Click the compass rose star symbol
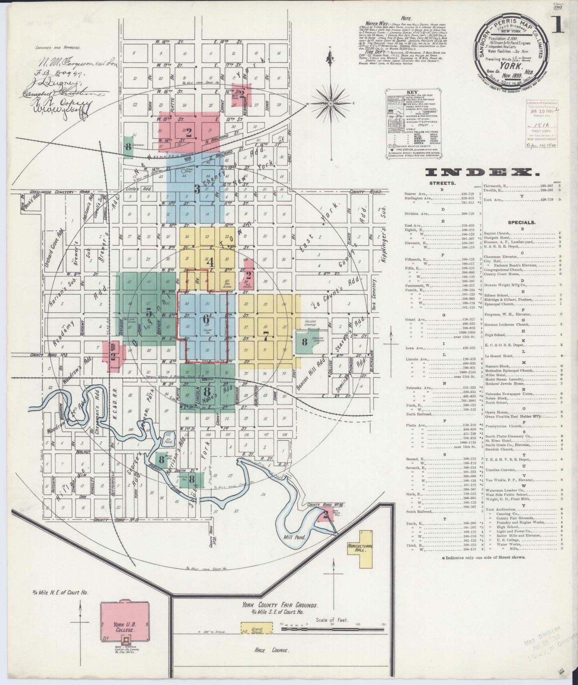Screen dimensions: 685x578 tap(331, 104)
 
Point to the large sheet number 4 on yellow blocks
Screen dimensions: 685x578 tap(209, 263)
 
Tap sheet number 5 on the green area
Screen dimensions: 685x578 tap(149, 311)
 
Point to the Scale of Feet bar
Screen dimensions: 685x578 tap(333, 629)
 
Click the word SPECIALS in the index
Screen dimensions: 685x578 tap(522, 222)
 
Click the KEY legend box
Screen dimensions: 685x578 tap(413, 114)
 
